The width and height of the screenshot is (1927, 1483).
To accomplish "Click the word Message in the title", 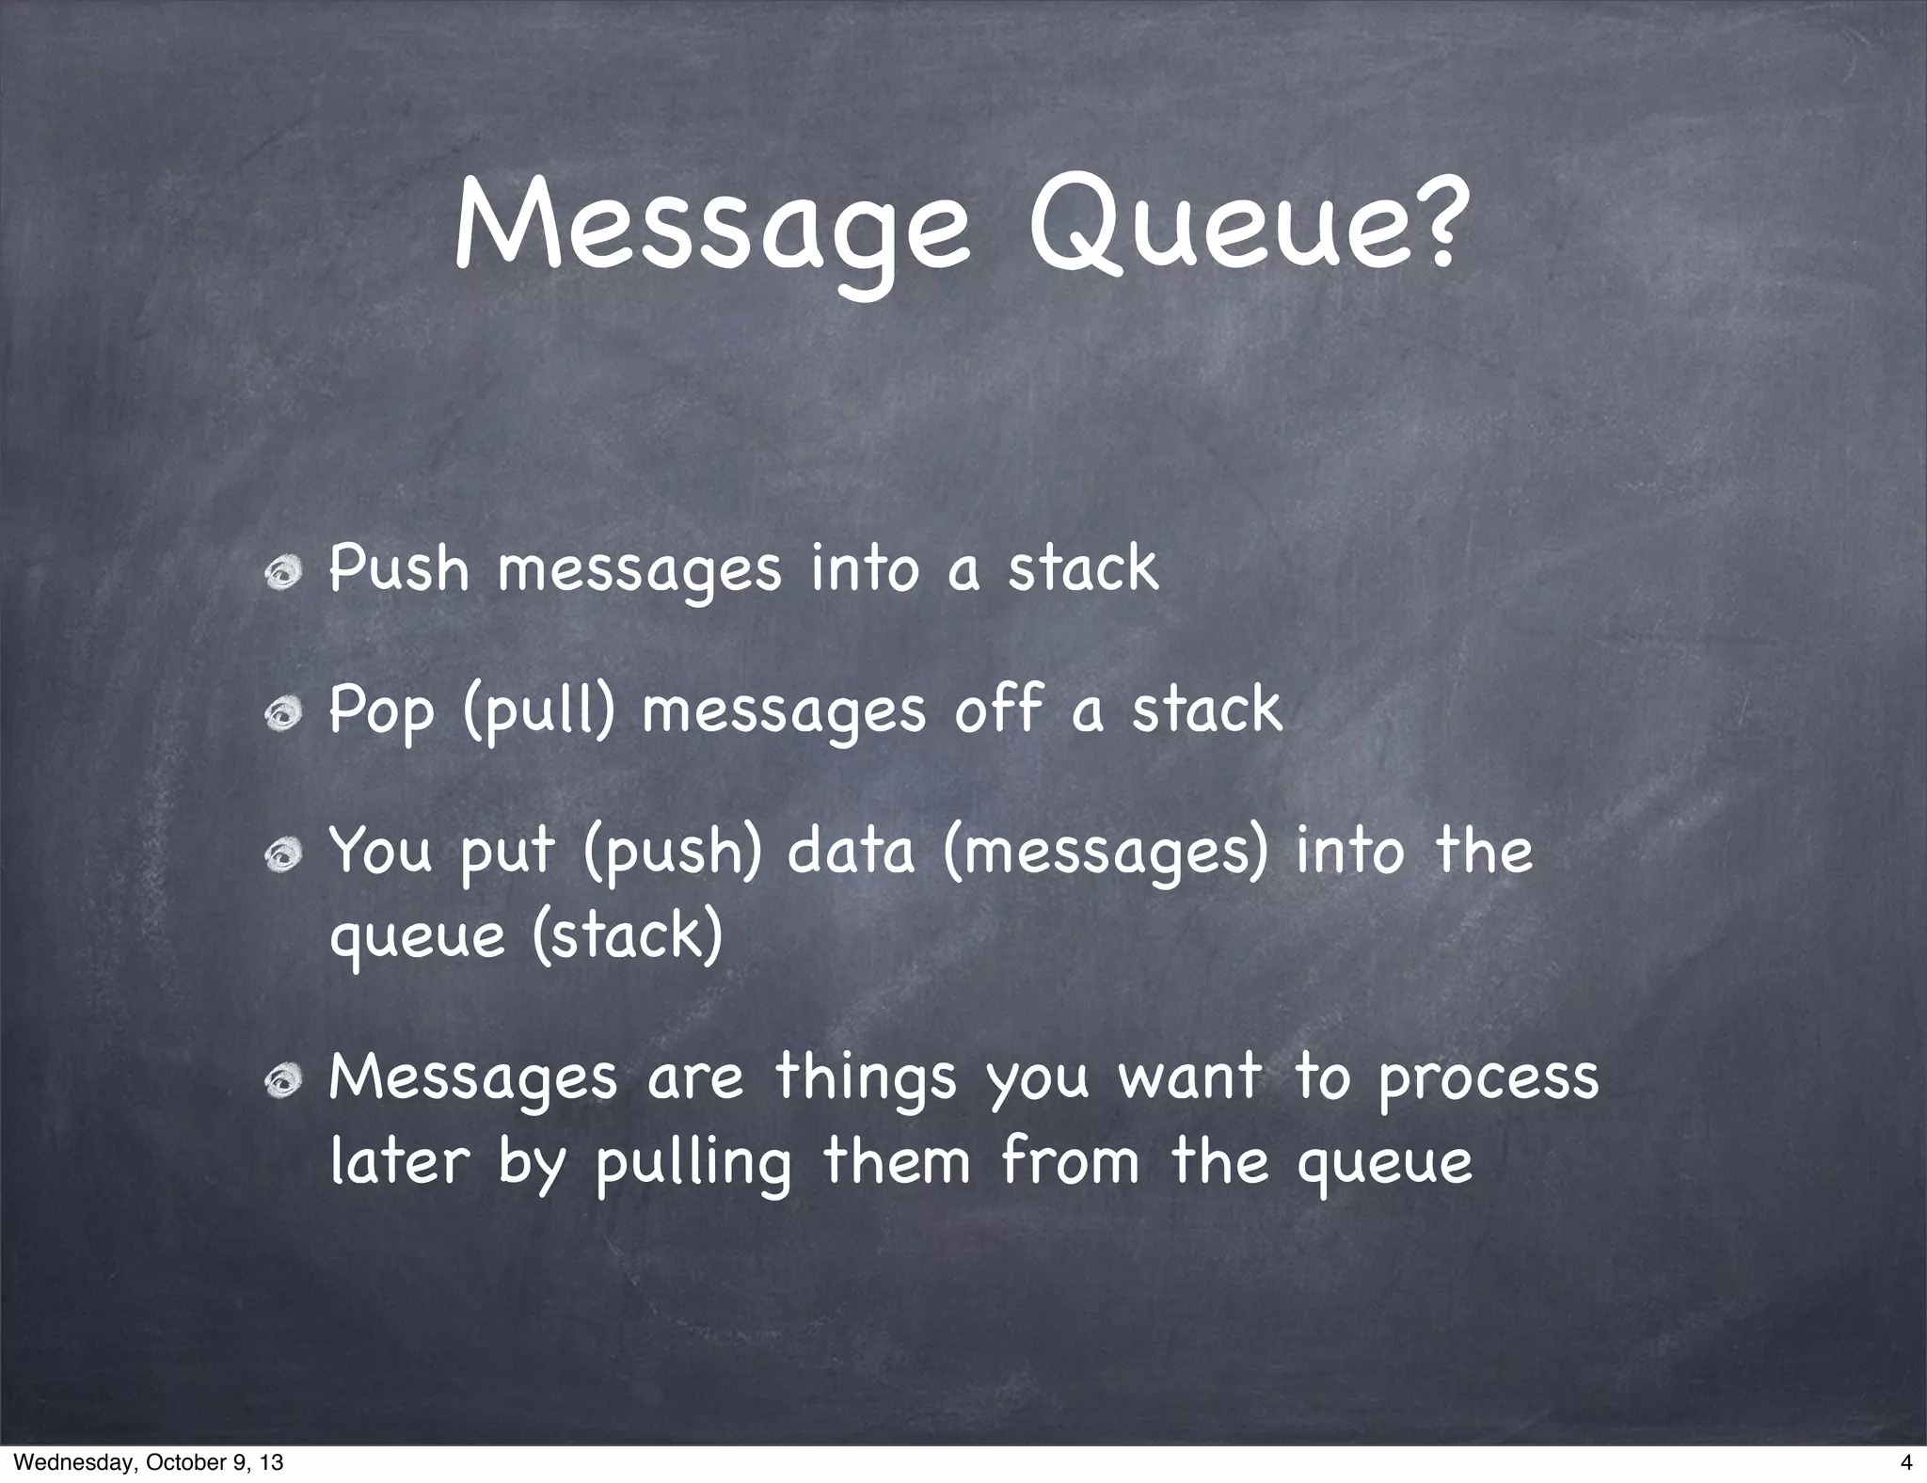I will coord(711,230).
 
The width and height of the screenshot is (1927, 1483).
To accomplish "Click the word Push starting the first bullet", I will coord(399,568).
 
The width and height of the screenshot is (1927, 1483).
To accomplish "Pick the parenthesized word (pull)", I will coord(539,711).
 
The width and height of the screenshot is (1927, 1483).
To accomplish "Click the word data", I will coord(851,850).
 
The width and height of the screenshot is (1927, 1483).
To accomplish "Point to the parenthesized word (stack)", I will coord(627,935).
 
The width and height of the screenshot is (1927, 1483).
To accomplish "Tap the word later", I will coord(399,1161).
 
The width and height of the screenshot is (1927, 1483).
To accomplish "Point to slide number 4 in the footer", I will coord(1905,1462).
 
